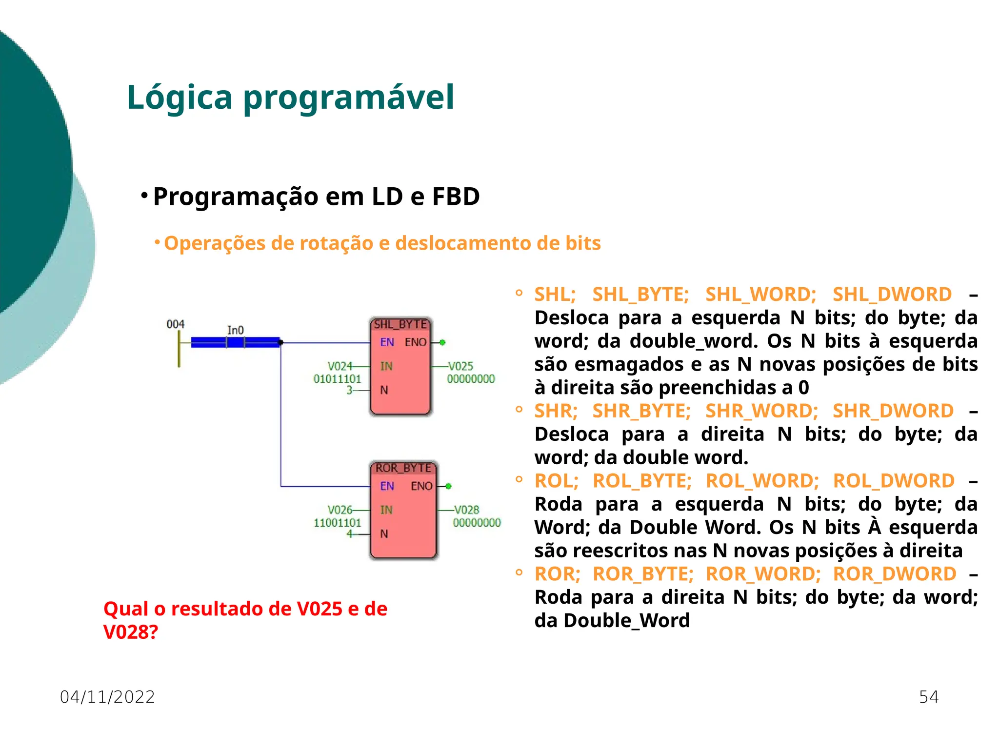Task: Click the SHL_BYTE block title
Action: tap(400, 324)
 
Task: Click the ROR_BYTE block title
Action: tap(403, 468)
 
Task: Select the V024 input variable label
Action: tap(340, 366)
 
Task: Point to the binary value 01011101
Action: tap(337, 379)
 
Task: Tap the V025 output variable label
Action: tap(461, 366)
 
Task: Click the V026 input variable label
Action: tap(340, 510)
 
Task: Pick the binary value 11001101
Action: tap(337, 523)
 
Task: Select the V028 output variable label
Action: tap(467, 510)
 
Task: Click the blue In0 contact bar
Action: tap(235, 342)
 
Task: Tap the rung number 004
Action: tap(175, 324)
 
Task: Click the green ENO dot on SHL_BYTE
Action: tap(442, 342)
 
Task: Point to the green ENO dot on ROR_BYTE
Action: tap(449, 486)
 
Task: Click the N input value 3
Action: tap(349, 390)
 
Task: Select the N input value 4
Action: tap(349, 534)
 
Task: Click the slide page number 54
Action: tap(928, 697)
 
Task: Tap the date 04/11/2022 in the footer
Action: tap(107, 697)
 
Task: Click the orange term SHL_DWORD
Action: tap(892, 295)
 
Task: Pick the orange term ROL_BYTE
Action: tap(642, 481)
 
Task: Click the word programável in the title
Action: tap(348, 98)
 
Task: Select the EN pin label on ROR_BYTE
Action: tap(387, 486)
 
